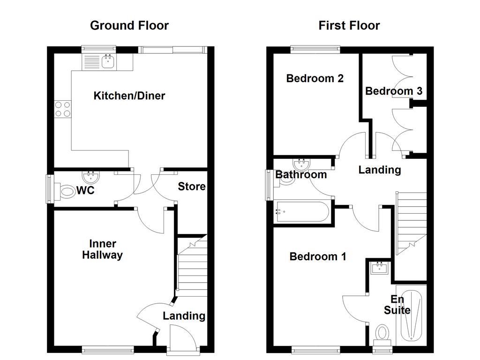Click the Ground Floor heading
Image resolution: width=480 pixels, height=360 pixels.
pos(129,25)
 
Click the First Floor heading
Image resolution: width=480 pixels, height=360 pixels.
pos(349,25)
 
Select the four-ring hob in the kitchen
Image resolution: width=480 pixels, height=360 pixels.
pos(63,109)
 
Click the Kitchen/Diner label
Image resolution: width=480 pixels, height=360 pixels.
pos(129,96)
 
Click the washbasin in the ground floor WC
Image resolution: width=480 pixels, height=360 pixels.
pos(90,177)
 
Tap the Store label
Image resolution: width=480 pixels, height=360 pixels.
pos(191,187)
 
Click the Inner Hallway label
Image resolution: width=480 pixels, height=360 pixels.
pos(102,249)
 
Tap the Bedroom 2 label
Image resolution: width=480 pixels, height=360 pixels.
pos(315,78)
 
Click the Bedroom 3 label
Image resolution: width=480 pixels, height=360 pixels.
pos(393,91)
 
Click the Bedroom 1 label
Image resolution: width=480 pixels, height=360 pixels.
pos(317,256)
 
